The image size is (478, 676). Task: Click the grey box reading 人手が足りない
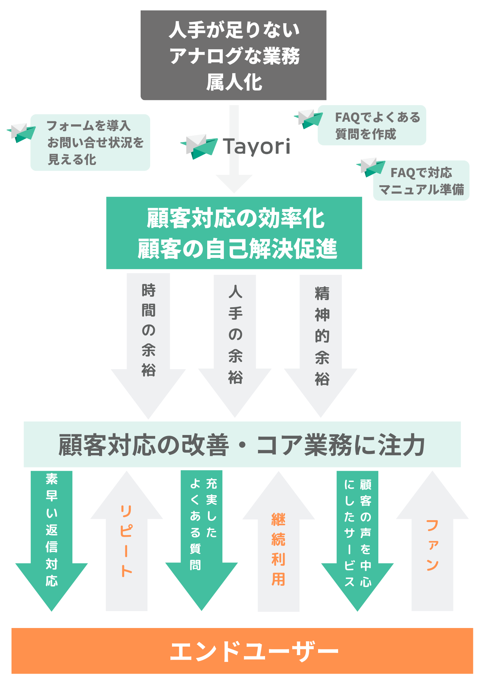click(233, 55)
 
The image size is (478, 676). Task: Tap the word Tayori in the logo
click(257, 147)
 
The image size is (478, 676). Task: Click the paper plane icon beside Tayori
click(199, 146)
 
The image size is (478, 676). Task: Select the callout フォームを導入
click(90, 142)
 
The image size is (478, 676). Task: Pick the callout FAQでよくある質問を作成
click(372, 125)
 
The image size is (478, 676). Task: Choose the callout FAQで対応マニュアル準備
click(421, 181)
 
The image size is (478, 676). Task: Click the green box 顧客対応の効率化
click(234, 233)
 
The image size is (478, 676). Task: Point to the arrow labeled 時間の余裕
click(148, 338)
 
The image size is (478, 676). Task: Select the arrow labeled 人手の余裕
click(235, 338)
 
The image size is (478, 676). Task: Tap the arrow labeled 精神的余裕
click(321, 338)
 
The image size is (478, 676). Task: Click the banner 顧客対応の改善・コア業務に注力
click(242, 444)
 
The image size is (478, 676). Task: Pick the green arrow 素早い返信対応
click(52, 534)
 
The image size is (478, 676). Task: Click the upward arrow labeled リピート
click(126, 548)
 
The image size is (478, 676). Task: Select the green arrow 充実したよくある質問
click(202, 534)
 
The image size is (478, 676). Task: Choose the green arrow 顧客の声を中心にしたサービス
click(358, 534)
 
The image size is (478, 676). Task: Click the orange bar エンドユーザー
click(242, 651)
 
